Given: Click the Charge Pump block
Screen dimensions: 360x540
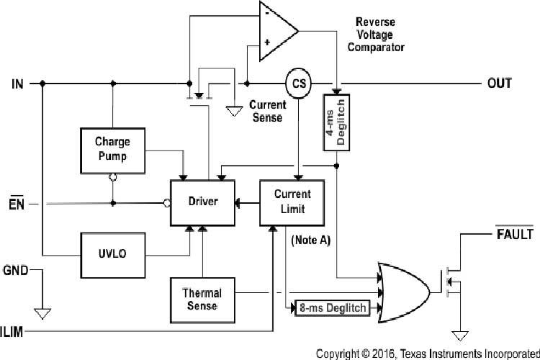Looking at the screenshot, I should pos(112,151).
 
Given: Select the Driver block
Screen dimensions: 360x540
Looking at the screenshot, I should pos(202,202).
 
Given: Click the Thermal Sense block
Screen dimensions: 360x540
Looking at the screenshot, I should pos(202,300).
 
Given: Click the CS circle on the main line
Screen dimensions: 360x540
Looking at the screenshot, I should pos(297,84).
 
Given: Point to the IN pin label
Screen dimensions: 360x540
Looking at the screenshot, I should pos(18,84).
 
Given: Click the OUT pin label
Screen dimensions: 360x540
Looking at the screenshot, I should pos(499,84).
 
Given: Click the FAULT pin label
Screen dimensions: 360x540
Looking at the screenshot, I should pos(514,235).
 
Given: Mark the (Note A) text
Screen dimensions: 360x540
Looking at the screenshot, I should pos(311,240).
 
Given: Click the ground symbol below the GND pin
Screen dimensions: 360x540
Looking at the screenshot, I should pos(42,313).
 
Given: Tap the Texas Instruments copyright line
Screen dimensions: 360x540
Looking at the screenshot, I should pos(428,353).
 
